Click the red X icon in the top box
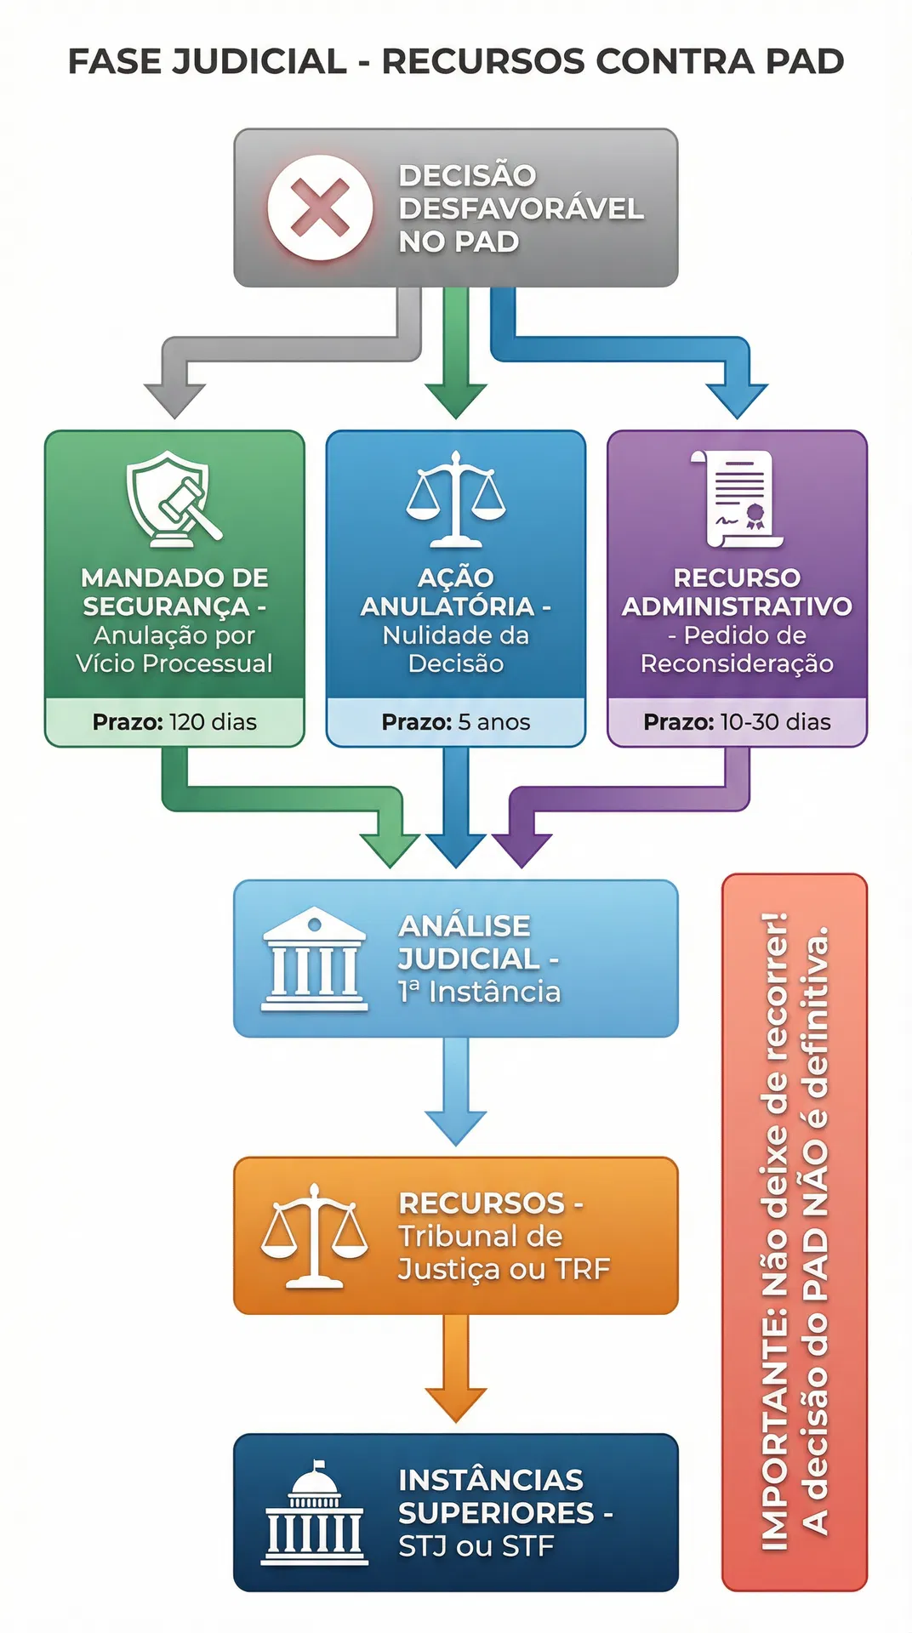pyautogui.click(x=320, y=208)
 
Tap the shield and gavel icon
pyautogui.click(x=173, y=499)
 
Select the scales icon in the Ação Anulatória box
pyautogui.click(x=456, y=499)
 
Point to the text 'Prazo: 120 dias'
pyautogui.click(x=174, y=722)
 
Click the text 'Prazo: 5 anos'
pyautogui.click(x=456, y=722)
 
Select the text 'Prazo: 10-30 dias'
pyautogui.click(x=737, y=722)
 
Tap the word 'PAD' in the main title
pyautogui.click(x=804, y=61)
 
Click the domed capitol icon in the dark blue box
pyautogui.click(x=315, y=1513)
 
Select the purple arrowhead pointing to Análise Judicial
pyautogui.click(x=522, y=849)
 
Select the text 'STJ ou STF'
pyautogui.click(x=476, y=1546)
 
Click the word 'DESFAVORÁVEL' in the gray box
pyautogui.click(x=521, y=208)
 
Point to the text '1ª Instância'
pyautogui.click(x=479, y=992)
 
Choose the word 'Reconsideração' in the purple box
pyautogui.click(x=737, y=663)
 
